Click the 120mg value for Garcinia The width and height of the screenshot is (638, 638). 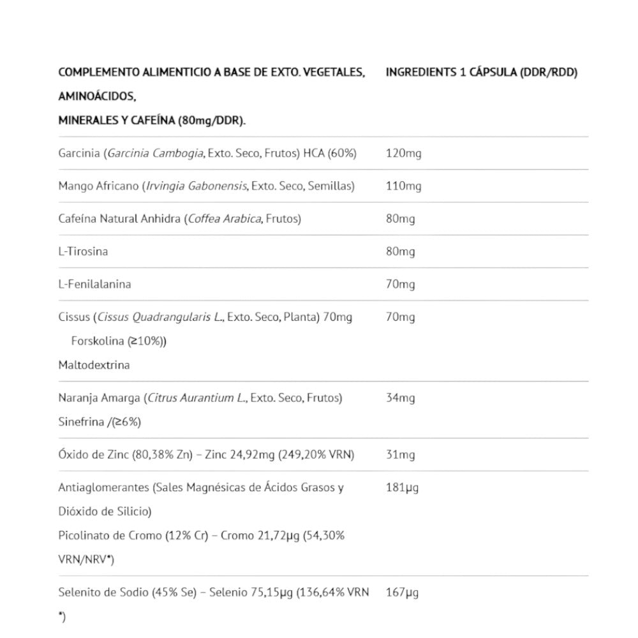click(403, 153)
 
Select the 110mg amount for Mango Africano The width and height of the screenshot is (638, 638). click(403, 186)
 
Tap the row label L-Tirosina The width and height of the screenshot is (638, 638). click(83, 251)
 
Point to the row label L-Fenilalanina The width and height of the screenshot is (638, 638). click(94, 284)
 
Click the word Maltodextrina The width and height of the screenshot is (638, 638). click(94, 366)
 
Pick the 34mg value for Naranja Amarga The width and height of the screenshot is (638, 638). click(400, 398)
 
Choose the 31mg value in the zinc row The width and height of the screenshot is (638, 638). click(400, 455)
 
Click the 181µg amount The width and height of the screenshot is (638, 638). click(402, 488)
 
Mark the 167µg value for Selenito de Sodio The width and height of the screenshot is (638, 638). click(402, 593)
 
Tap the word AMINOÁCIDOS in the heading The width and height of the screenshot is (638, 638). click(96, 96)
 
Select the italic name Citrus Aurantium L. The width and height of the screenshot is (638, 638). click(197, 398)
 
